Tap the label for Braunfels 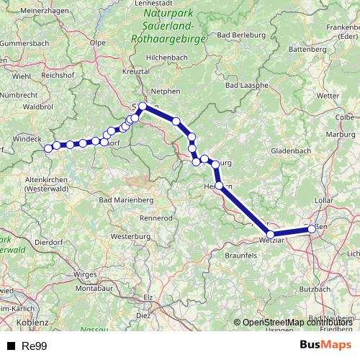240,255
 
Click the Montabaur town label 95,288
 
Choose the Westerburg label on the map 130,235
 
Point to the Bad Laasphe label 246,86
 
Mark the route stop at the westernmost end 48,148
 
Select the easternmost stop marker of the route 312,229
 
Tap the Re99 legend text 34,346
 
